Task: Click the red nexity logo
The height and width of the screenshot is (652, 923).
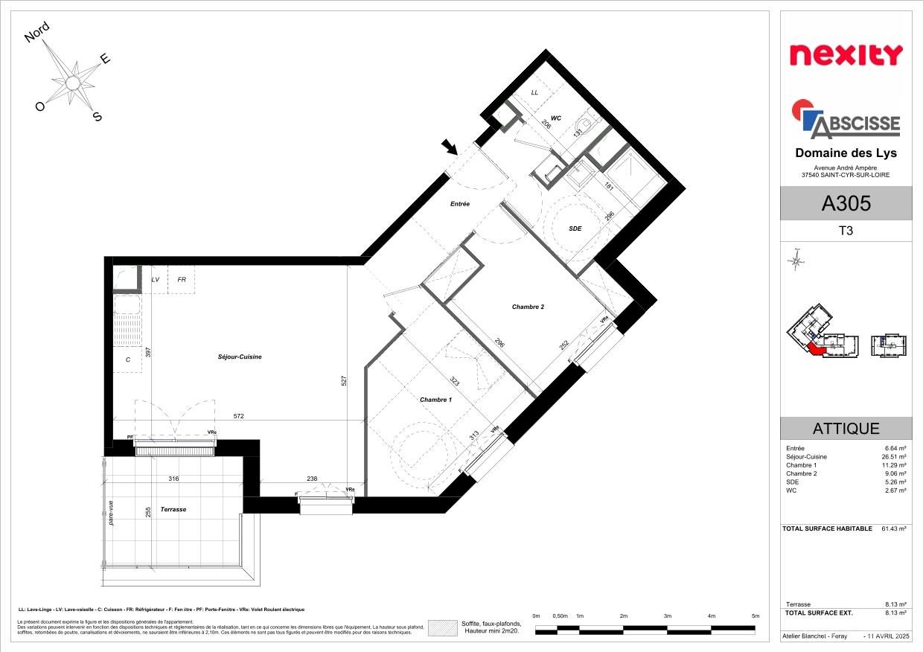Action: pos(846,55)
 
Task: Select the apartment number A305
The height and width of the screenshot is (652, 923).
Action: pos(846,202)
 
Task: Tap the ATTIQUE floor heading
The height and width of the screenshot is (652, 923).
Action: pos(846,429)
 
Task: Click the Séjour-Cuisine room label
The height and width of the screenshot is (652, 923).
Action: pos(234,357)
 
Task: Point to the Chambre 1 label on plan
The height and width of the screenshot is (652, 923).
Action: pos(435,400)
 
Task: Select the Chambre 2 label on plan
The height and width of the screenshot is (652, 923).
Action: pos(528,307)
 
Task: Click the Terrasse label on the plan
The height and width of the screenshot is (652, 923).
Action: pos(173,509)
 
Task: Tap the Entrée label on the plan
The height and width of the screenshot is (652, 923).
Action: pos(459,203)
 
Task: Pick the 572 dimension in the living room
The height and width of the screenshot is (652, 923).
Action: pos(238,416)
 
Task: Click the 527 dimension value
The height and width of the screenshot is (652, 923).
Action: pos(345,380)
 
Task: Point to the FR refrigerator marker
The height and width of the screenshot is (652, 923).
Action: pos(181,280)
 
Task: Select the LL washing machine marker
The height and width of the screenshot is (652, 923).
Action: pos(534,92)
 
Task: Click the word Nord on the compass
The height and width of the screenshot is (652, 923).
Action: pos(37,32)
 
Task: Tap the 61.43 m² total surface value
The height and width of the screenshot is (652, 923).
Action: pos(893,528)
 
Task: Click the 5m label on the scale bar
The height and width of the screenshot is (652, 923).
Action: pos(755,616)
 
